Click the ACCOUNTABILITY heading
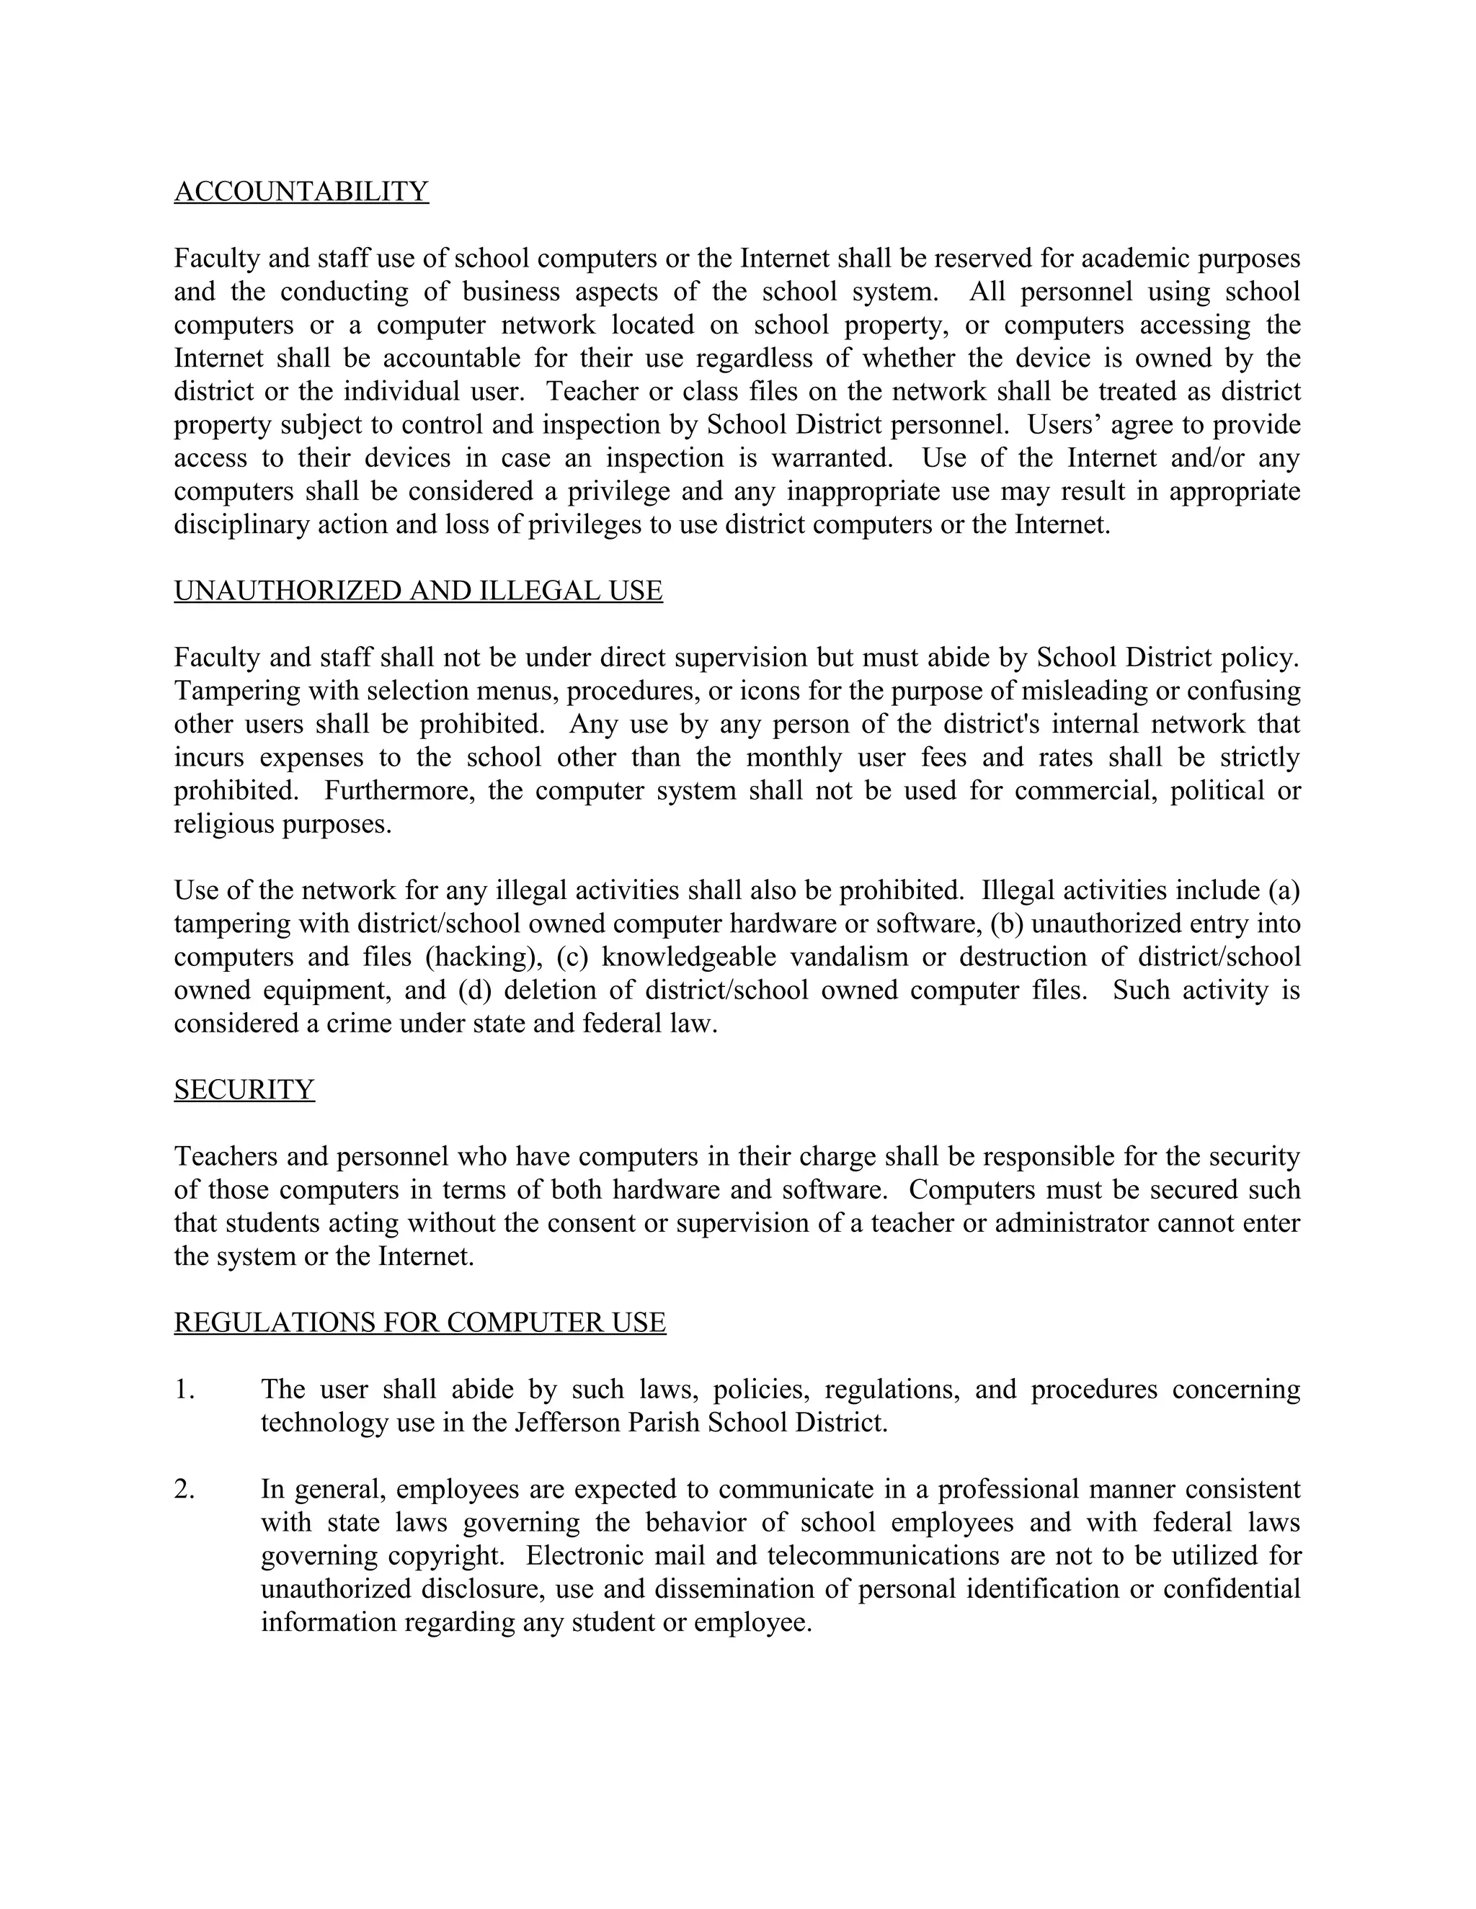point(301,192)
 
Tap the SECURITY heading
point(244,1090)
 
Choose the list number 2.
point(184,1490)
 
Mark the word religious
point(224,824)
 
